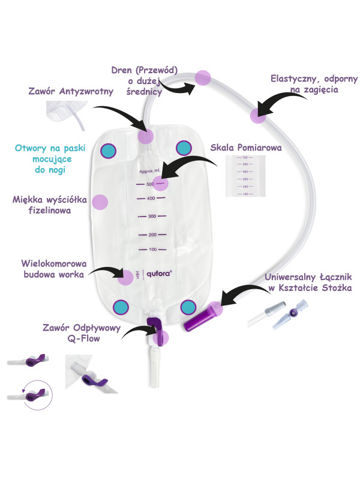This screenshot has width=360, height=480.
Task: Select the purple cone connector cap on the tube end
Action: (x=199, y=316)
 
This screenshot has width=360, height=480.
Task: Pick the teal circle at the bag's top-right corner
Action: (x=183, y=148)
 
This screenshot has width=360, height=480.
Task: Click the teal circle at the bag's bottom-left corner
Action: (x=121, y=307)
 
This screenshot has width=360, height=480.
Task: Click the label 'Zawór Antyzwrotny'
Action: (x=66, y=92)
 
